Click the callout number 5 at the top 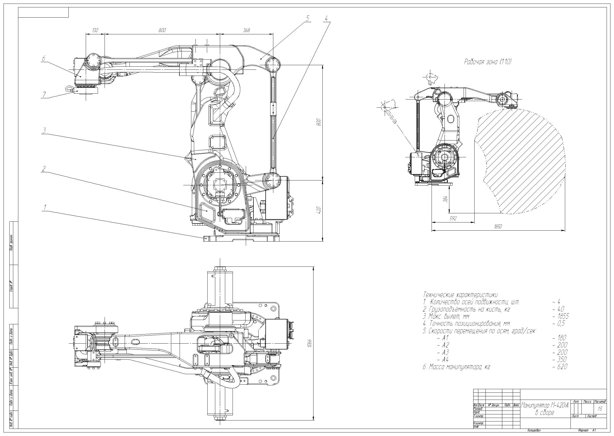pyautogui.click(x=308, y=18)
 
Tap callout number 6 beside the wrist pyautogui.click(x=44, y=59)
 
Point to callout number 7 pyautogui.click(x=44, y=94)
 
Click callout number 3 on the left pyautogui.click(x=44, y=131)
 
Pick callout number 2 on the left pyautogui.click(x=44, y=168)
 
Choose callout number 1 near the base pyautogui.click(x=45, y=207)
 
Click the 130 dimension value pyautogui.click(x=95, y=30)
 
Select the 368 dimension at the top pyautogui.click(x=246, y=30)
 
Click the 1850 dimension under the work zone pyautogui.click(x=498, y=226)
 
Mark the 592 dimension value pyautogui.click(x=453, y=218)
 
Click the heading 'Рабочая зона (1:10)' pyautogui.click(x=488, y=62)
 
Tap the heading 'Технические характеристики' pyautogui.click(x=460, y=294)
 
